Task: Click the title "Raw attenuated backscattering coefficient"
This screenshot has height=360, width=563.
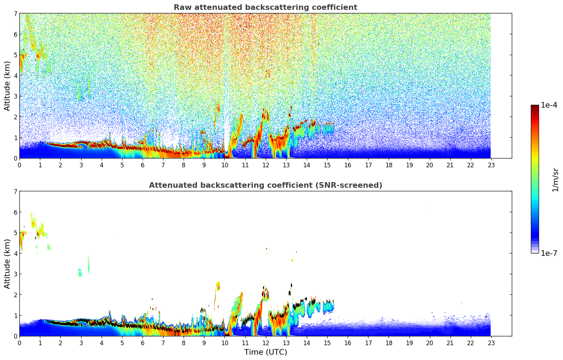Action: [x=265, y=7]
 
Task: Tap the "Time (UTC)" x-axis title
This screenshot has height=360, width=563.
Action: [x=265, y=352]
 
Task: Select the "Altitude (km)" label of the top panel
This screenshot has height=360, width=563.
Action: [x=7, y=86]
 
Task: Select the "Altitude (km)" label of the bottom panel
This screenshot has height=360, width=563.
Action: [x=7, y=264]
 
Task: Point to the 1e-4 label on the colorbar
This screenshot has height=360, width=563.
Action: [x=549, y=105]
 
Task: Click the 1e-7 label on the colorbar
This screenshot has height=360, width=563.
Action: [x=549, y=253]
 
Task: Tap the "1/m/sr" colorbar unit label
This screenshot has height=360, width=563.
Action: [x=555, y=180]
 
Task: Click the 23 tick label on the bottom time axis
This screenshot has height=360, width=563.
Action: [x=491, y=343]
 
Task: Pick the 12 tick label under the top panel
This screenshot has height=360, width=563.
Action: [x=265, y=165]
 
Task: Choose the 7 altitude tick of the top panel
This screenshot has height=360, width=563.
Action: [x=15, y=14]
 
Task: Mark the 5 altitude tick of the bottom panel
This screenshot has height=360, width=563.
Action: [x=15, y=233]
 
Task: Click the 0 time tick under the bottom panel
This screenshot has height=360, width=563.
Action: [x=19, y=343]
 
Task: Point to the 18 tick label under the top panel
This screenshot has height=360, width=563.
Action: [x=389, y=165]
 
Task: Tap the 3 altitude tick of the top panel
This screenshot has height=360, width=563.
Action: [x=15, y=96]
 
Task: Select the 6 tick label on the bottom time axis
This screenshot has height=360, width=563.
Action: [x=143, y=343]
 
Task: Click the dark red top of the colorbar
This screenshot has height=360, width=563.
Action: [x=534, y=107]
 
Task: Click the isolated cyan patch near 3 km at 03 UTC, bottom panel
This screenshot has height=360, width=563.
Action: [x=80, y=272]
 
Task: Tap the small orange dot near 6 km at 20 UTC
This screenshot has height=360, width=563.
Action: [x=430, y=208]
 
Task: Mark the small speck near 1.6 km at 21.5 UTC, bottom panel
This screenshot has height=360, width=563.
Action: [x=461, y=303]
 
